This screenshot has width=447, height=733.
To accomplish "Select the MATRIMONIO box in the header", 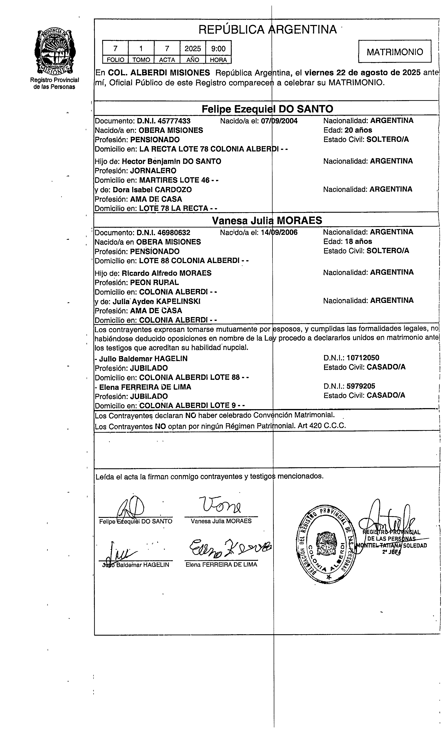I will point(395,52).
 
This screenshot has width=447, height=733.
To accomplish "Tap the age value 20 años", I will point(358,130).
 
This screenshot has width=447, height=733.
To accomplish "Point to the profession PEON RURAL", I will point(155,282).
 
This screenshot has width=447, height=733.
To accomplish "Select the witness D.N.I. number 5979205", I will point(361,386).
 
